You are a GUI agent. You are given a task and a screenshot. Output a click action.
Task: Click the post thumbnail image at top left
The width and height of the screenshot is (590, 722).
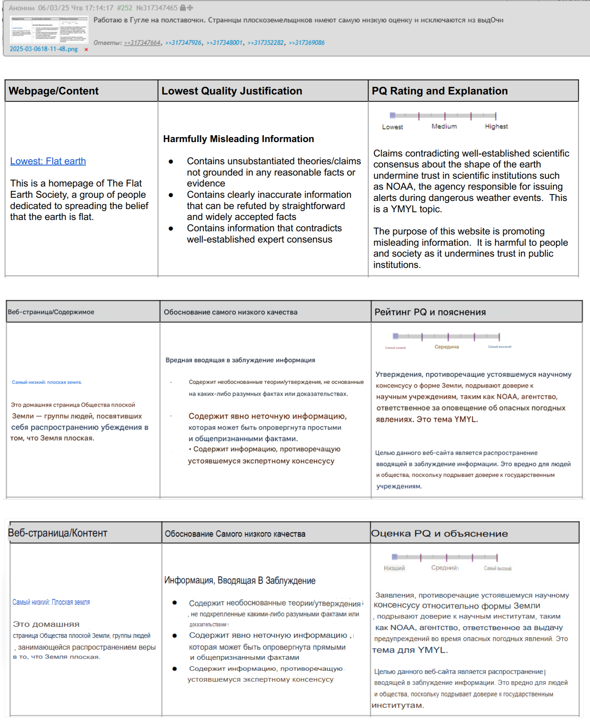49,30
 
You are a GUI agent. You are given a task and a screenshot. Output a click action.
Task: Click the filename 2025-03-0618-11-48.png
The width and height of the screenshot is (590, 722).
44,49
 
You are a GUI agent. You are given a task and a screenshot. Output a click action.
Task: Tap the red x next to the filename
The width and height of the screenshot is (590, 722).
86,50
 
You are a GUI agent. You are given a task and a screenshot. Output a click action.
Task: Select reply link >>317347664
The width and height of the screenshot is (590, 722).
142,43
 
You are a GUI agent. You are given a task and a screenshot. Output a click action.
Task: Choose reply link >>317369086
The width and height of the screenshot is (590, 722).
307,43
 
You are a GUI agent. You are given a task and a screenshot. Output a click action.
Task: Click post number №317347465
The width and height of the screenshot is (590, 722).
157,8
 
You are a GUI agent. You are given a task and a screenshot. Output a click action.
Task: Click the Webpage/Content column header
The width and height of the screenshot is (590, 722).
54,91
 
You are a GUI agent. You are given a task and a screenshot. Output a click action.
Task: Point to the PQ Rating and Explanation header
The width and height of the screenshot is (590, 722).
440,91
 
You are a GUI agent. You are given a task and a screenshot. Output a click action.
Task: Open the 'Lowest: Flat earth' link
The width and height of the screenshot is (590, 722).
48,161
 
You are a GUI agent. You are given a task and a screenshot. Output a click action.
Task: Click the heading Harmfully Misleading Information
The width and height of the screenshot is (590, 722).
238,139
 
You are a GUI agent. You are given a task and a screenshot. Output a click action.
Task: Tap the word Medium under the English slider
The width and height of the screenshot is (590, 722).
444,126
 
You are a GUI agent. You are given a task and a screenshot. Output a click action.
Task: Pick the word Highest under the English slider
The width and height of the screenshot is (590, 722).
496,126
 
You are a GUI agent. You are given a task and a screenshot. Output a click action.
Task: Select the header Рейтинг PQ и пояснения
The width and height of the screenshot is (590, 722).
430,312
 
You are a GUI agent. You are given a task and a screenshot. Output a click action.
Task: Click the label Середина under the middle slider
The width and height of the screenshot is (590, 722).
447,347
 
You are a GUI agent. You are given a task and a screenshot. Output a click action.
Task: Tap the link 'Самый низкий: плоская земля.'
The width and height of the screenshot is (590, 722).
47,382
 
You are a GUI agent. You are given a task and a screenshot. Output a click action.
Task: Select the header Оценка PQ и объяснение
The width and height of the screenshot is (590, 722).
439,533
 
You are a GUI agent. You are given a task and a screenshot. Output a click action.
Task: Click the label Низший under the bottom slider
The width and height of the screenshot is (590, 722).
394,568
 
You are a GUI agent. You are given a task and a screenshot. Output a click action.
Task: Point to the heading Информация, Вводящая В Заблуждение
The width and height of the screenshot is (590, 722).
240,580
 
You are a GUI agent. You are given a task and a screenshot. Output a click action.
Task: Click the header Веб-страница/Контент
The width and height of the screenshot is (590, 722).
57,533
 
